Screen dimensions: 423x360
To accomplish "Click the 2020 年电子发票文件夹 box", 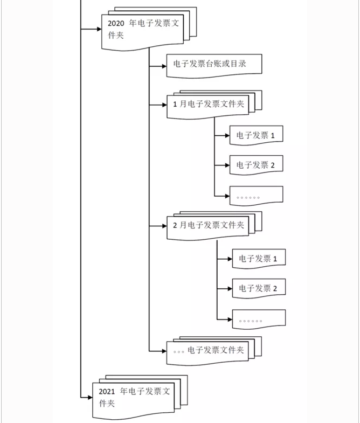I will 142,30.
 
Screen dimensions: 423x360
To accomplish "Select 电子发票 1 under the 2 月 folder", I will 258,259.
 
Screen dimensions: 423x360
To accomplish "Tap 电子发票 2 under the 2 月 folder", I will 258,289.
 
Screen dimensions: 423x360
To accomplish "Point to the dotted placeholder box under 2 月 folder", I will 258,320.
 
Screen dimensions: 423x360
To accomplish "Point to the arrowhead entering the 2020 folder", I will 99,29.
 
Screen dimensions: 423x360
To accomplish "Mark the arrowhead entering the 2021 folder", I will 89,397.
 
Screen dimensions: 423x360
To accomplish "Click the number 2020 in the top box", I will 116,24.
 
